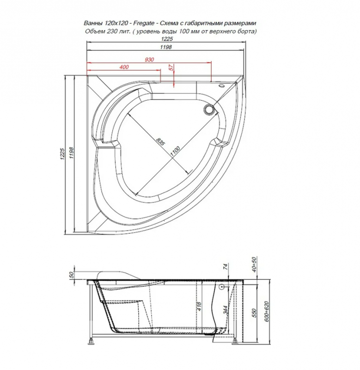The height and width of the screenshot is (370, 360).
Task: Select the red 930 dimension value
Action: pyautogui.click(x=149, y=60)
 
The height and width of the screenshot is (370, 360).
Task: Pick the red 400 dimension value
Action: pyautogui.click(x=123, y=68)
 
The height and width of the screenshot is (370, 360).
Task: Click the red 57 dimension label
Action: pyautogui.click(x=171, y=68)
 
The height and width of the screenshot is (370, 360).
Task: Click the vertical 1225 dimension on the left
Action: pyautogui.click(x=61, y=157)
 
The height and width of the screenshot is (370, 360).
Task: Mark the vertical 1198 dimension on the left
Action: pyautogui.click(x=70, y=157)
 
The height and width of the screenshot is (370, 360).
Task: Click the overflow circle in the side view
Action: pyautogui.click(x=223, y=287)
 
